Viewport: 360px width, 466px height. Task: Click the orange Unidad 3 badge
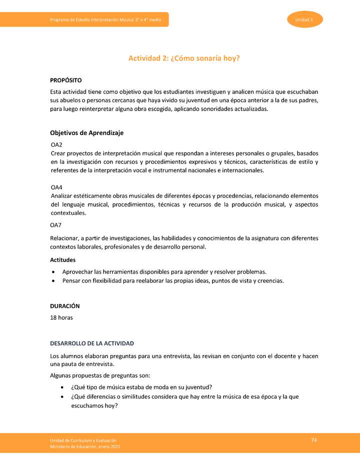(304, 19)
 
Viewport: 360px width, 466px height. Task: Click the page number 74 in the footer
(314, 440)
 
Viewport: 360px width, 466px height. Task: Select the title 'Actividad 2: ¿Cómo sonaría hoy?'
(184, 58)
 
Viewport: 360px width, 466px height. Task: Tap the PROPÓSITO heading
(66, 80)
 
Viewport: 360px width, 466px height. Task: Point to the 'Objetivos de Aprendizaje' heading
(86, 133)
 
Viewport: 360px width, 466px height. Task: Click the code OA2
(56, 144)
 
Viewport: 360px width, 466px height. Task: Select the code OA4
(56, 187)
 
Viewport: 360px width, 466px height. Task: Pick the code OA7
(56, 225)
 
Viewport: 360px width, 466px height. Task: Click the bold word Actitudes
(63, 260)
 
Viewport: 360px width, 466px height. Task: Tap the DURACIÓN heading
(65, 306)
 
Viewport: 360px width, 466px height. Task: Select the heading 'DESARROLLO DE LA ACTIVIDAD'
(92, 343)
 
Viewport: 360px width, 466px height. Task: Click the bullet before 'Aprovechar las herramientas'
(53, 272)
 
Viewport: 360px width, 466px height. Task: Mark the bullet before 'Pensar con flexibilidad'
(53, 281)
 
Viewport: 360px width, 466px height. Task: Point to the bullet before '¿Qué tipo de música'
(61, 387)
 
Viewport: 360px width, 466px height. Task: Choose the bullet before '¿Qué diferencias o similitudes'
(61, 397)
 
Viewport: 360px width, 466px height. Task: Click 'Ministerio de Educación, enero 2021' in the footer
(85, 446)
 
